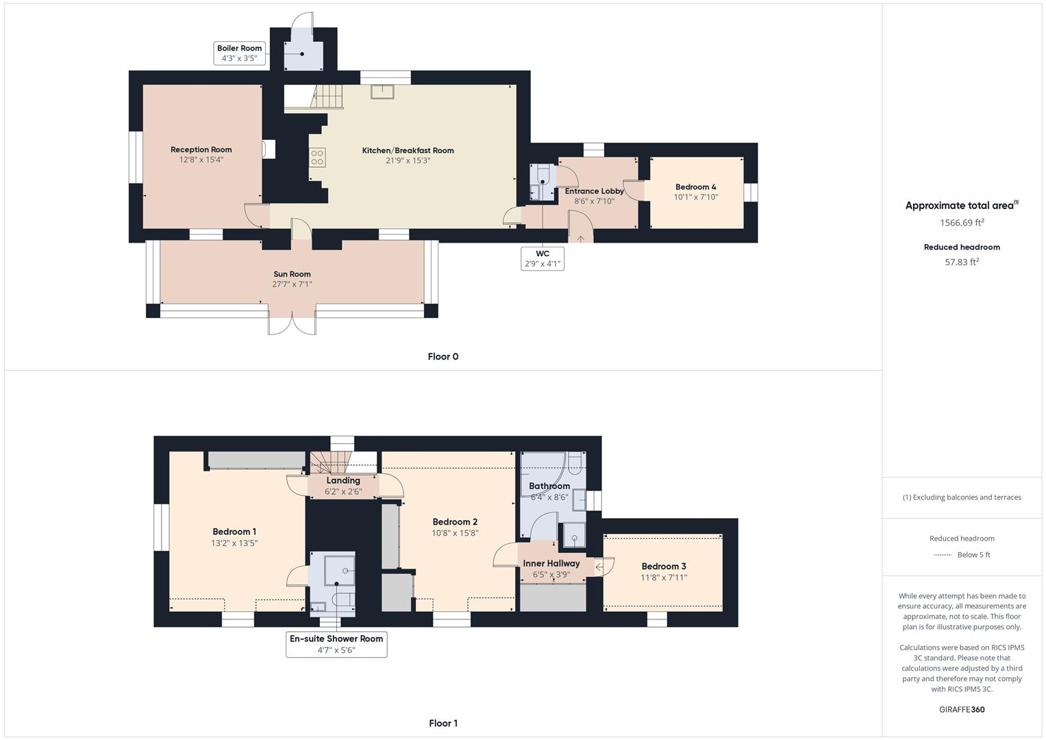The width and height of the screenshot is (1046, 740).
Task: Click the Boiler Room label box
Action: coord(239,53)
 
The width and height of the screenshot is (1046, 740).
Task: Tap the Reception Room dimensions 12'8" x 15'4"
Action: coord(201,160)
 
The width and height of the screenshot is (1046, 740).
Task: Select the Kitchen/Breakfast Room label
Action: coord(408,150)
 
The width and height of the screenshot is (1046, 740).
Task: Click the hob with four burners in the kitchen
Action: coord(317,158)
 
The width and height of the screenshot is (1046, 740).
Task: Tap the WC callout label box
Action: coord(543,259)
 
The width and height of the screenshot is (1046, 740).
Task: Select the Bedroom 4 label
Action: coord(695,186)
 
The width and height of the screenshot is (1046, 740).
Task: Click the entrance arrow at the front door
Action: coord(581,238)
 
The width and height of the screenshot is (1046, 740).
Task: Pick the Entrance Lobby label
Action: coord(594,191)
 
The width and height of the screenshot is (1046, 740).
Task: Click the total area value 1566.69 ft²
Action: coord(962,223)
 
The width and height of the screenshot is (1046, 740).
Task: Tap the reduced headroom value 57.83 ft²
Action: coord(962,262)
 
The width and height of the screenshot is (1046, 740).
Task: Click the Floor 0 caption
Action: coord(443,356)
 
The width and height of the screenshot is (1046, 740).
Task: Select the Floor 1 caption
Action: coord(443,723)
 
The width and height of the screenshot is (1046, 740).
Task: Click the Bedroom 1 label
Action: coord(234,532)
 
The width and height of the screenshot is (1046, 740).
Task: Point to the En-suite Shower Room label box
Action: coord(336,644)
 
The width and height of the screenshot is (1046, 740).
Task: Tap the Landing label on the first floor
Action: coord(343,481)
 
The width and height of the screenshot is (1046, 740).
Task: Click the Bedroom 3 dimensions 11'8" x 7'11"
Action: coord(663,578)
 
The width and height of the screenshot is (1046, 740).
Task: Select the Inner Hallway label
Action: coord(551,563)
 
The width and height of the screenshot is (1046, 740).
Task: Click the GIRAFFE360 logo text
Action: coord(962,709)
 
